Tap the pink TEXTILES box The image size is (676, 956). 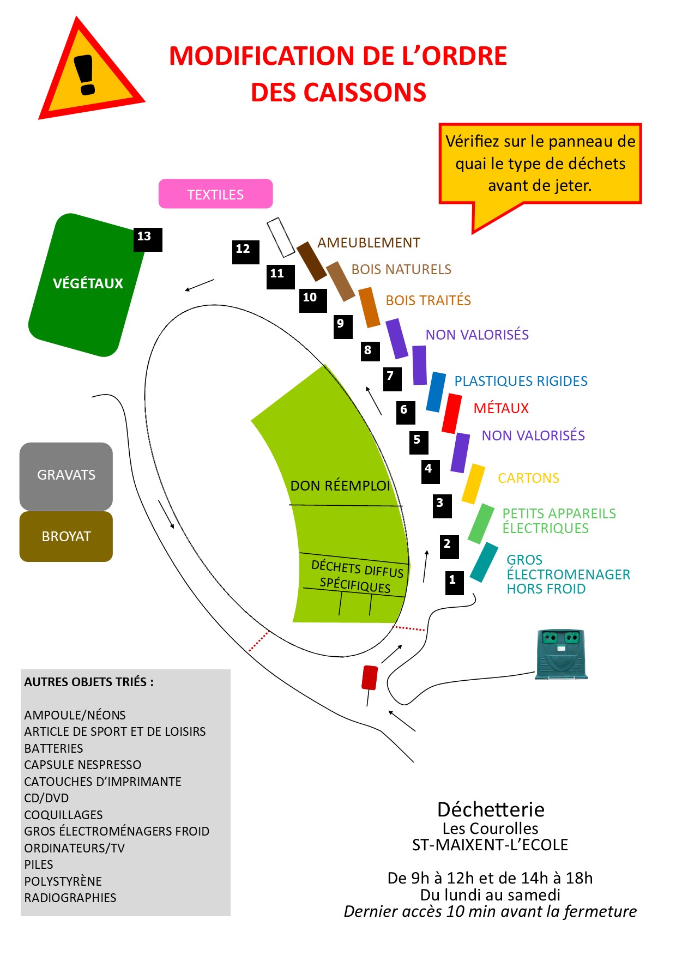[215, 194]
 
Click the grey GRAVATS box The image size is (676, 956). [66, 475]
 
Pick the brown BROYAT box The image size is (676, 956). [66, 536]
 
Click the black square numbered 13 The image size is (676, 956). [148, 239]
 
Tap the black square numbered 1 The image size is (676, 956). [454, 582]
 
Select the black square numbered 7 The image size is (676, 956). [392, 379]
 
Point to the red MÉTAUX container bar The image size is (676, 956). [451, 413]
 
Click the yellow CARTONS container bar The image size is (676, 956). [473, 483]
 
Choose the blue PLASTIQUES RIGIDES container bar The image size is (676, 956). [436, 392]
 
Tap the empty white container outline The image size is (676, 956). [281, 238]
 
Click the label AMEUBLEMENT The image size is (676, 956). [369, 243]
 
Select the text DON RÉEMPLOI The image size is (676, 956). [340, 486]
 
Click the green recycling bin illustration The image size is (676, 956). [561, 654]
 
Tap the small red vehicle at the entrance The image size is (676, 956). [370, 677]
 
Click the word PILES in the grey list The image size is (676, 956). [39, 864]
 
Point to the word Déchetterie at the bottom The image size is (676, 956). [491, 809]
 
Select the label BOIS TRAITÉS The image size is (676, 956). [428, 300]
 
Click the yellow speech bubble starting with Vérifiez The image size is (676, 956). [540, 164]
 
